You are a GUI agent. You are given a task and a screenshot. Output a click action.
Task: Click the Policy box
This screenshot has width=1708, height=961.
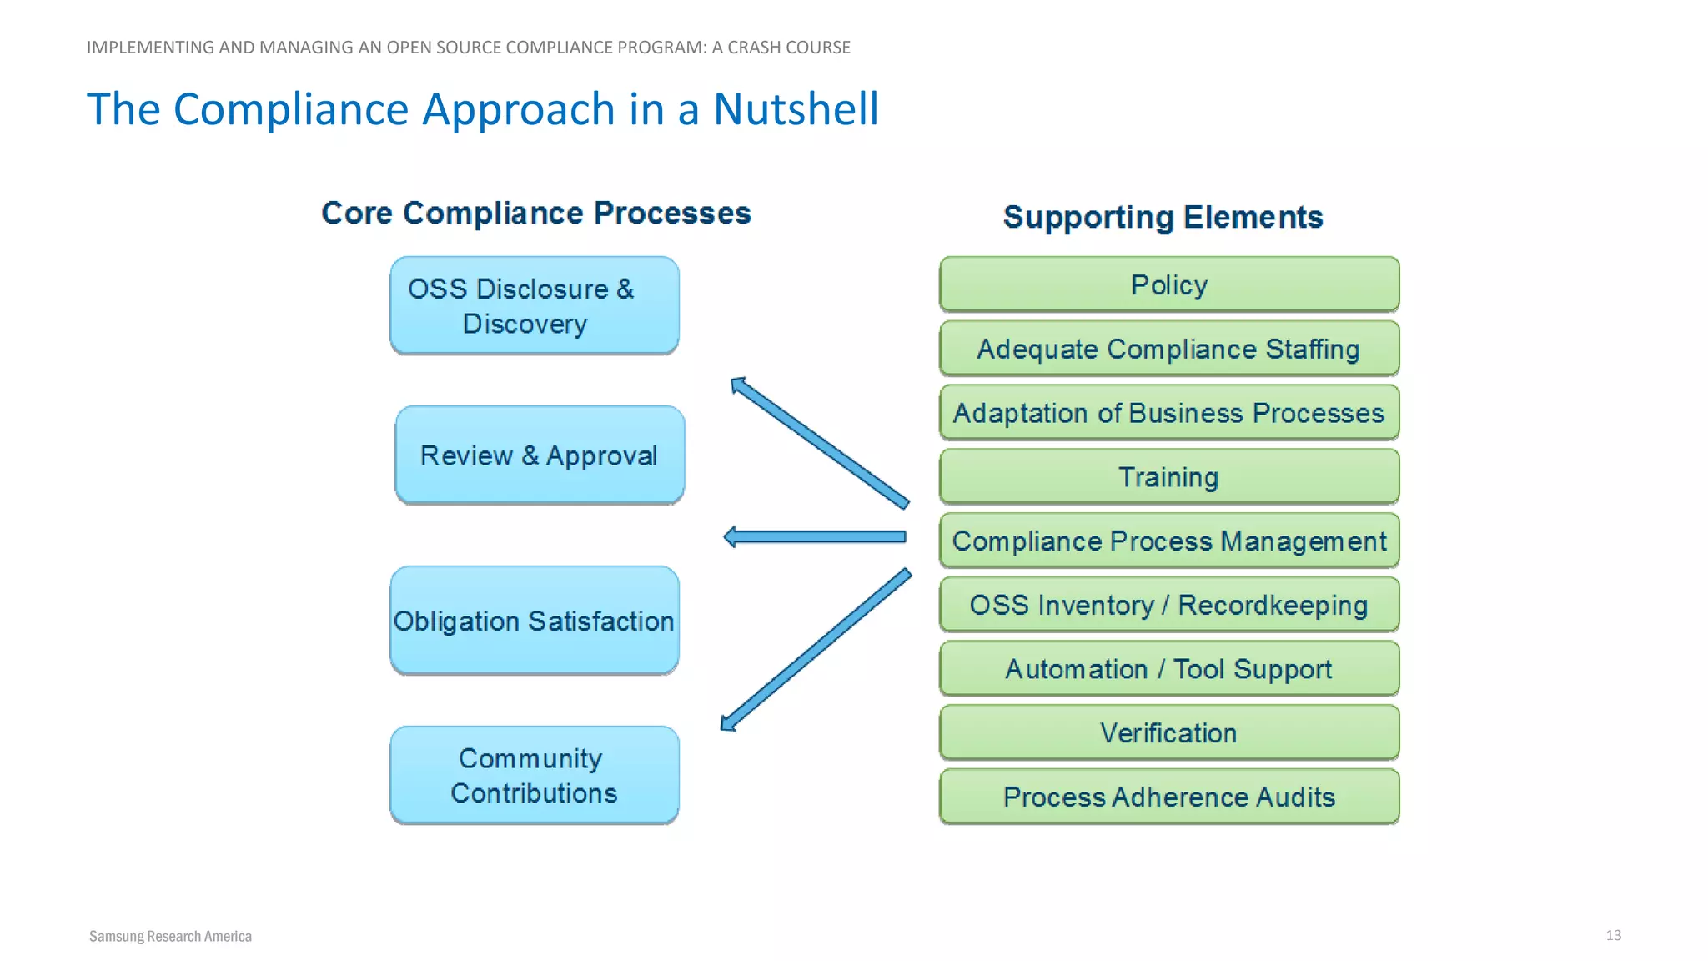pyautogui.click(x=1168, y=284)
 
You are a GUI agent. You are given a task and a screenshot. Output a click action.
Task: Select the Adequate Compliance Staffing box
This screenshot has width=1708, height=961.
pyautogui.click(x=1168, y=349)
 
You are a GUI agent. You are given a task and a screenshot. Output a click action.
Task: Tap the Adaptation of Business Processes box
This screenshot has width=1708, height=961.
pyautogui.click(x=1168, y=413)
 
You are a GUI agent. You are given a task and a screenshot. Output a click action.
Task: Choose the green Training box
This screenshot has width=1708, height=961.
pyautogui.click(x=1168, y=477)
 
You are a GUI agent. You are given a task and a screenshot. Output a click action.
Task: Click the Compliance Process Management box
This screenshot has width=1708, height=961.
pyautogui.click(x=1168, y=541)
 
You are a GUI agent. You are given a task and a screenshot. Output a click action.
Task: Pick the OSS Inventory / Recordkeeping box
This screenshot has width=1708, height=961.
pyautogui.click(x=1168, y=605)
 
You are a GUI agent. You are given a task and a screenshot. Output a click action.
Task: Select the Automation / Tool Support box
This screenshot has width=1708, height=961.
pyautogui.click(x=1168, y=669)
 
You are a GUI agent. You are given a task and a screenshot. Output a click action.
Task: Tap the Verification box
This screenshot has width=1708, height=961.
pyautogui.click(x=1168, y=732)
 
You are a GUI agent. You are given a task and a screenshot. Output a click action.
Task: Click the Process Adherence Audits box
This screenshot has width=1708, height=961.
pyautogui.click(x=1168, y=797)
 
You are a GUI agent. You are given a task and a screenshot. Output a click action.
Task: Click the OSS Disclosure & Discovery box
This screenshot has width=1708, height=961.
pyautogui.click(x=534, y=305)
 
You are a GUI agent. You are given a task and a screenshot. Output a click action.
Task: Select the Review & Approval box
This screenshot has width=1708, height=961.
pyautogui.click(x=540, y=455)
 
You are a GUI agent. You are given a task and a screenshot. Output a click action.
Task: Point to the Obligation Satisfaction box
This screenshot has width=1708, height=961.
pyautogui.click(x=534, y=621)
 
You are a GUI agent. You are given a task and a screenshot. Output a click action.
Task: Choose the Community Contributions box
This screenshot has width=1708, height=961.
pyautogui.click(x=534, y=775)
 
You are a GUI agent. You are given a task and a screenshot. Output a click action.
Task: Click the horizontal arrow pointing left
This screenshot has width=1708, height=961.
pyautogui.click(x=815, y=536)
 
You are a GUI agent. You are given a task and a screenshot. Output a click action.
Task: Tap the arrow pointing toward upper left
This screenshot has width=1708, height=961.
pyautogui.click(x=820, y=442)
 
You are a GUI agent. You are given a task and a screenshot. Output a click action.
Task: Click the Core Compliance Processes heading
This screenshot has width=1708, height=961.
pyautogui.click(x=536, y=213)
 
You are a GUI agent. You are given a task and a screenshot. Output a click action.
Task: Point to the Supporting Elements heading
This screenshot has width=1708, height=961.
pyautogui.click(x=1163, y=217)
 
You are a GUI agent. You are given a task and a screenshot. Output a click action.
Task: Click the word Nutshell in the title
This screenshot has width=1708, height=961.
pyautogui.click(x=796, y=109)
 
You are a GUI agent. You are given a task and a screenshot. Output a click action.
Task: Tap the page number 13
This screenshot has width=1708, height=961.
pyautogui.click(x=1613, y=935)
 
